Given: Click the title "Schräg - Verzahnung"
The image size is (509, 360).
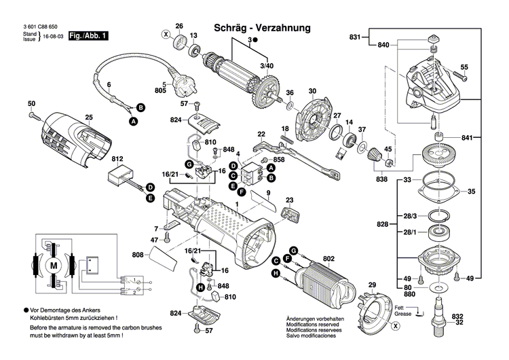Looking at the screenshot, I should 262,28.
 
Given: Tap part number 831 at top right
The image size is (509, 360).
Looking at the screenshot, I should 356,36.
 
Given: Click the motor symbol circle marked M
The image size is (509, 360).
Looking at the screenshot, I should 52,262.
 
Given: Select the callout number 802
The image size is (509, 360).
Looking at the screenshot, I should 329,258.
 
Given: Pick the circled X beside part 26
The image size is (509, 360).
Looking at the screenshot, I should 165,33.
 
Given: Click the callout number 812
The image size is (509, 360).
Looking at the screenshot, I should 117,159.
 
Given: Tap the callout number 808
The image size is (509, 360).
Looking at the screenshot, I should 137,255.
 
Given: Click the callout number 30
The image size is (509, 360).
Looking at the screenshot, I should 312,92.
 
